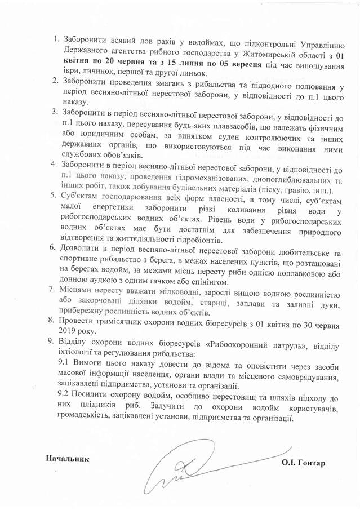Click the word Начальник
pos(68,457)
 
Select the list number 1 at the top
pos(56,40)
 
